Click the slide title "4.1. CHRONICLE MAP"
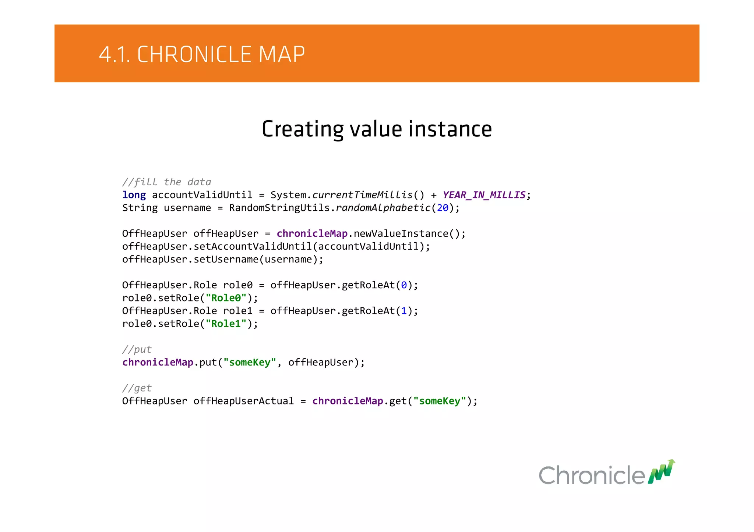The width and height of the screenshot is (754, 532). (x=202, y=54)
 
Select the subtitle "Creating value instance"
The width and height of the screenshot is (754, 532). (x=377, y=129)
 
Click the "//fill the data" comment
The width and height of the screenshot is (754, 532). (x=166, y=182)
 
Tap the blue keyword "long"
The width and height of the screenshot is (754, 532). (x=134, y=195)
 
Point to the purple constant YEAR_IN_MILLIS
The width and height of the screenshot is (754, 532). (x=484, y=195)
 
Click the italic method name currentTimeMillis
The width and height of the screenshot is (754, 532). (x=362, y=195)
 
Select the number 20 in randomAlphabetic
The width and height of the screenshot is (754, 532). (x=443, y=208)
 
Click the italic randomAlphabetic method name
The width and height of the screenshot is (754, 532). (x=383, y=208)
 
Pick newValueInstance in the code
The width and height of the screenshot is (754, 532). (x=401, y=234)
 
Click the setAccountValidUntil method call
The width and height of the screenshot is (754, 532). (x=253, y=247)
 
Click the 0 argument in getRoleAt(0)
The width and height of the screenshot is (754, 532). (x=404, y=285)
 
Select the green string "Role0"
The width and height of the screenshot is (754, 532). (x=226, y=298)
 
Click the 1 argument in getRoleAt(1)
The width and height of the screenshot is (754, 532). (x=404, y=311)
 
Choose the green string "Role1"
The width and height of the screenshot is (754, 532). (x=226, y=324)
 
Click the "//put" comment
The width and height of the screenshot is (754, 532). (x=137, y=349)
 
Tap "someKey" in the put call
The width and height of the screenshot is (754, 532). (x=250, y=363)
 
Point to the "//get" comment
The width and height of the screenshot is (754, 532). (x=137, y=388)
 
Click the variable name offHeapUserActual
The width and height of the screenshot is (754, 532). (x=243, y=401)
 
